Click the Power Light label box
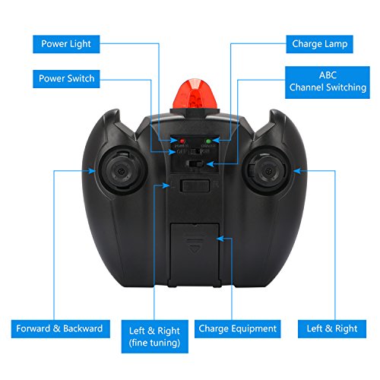(x=66, y=44)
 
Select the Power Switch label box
(x=66, y=79)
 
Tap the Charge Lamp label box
(x=319, y=44)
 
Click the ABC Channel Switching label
(x=328, y=82)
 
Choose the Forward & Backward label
(x=61, y=329)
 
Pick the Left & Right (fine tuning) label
(x=155, y=337)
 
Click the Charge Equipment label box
(x=237, y=329)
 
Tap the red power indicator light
(x=182, y=141)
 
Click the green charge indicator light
(x=208, y=141)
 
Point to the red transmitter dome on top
(x=194, y=94)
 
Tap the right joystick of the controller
(x=267, y=171)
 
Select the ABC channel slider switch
(x=195, y=163)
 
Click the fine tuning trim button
(x=195, y=185)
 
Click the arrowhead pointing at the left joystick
(x=92, y=171)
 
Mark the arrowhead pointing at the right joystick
(x=297, y=171)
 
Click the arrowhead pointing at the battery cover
(x=220, y=239)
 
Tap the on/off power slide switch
(x=195, y=151)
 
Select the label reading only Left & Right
(x=332, y=329)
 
